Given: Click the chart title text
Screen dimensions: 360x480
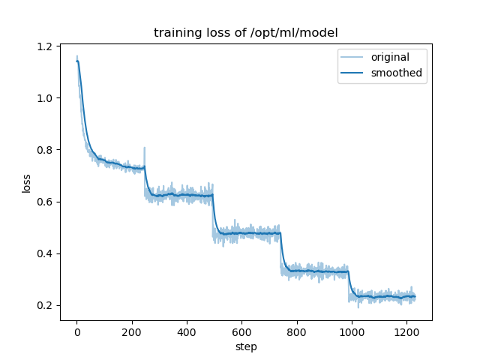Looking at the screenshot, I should tap(245, 33).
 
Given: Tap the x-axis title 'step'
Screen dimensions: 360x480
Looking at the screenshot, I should tap(245, 347).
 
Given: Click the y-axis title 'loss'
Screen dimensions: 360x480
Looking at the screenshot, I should tap(27, 183).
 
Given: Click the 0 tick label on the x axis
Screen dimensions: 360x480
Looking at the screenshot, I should tap(76, 332).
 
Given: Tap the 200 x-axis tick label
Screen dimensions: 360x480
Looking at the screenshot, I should tap(131, 332).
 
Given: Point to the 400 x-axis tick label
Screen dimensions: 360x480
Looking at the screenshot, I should tap(187, 332).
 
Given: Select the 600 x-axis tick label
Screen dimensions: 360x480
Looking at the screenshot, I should tap(241, 332).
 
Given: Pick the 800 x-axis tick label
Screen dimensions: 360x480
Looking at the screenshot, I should tap(296, 332).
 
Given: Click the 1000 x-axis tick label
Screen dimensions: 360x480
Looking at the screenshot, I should tap(351, 332).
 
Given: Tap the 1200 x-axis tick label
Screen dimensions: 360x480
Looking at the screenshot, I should tap(406, 332).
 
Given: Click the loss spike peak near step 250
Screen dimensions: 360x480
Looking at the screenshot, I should tap(145, 148).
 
